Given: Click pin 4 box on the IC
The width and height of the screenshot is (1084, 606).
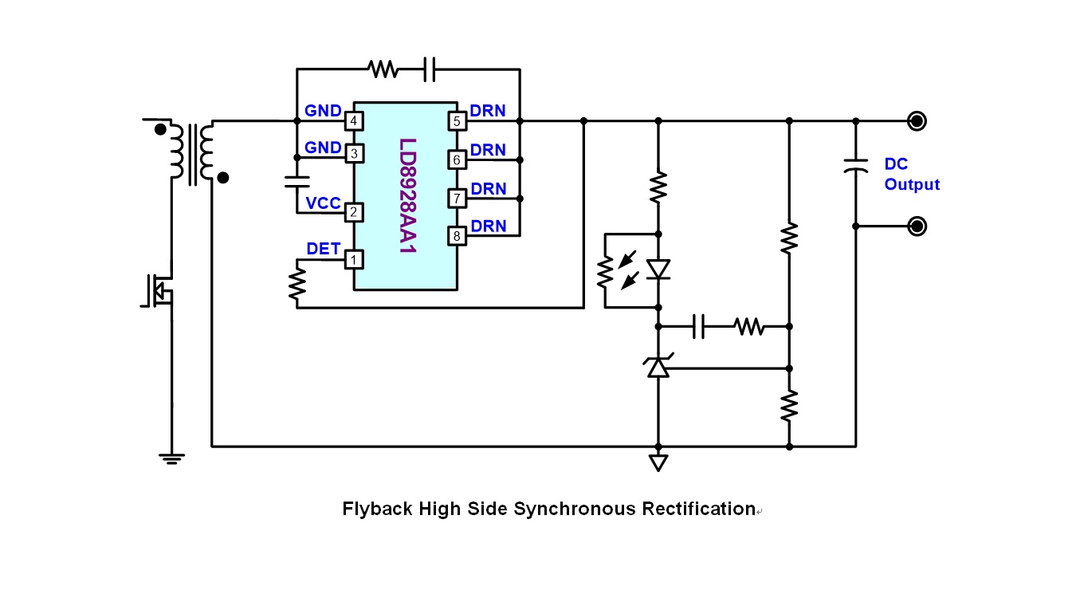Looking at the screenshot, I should pos(352,121).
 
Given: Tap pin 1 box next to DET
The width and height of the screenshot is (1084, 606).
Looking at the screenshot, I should pos(352,259).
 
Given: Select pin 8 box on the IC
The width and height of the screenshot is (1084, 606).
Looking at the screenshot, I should pos(457,236).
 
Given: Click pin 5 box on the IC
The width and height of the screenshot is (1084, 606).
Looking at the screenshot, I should pos(457,121).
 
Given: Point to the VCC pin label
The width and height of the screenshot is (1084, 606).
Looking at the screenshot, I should pos(323,203).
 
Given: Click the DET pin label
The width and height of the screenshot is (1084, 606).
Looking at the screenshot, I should pos(323,249).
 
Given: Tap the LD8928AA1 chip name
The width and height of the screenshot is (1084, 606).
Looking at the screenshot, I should pos(407,196).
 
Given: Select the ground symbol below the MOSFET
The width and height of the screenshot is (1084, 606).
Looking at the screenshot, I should pos(171,458).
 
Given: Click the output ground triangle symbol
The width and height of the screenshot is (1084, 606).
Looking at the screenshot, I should pos(658,462).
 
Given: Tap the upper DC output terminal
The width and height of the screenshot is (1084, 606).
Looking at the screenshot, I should pos(917,121).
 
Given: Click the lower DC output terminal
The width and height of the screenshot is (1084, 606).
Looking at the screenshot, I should pos(917,226).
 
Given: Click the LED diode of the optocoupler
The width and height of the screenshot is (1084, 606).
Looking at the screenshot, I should pos(658,270).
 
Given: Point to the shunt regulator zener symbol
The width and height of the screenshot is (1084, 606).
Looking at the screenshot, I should pos(658,367).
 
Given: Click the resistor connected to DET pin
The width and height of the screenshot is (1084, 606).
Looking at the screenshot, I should pos(297,281).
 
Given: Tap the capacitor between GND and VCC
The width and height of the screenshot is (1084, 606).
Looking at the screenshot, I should pos(297,182).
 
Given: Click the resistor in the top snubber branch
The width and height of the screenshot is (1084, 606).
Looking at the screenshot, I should pos(383,69).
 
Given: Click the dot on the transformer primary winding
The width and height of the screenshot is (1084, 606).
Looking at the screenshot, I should pos(160,129).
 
